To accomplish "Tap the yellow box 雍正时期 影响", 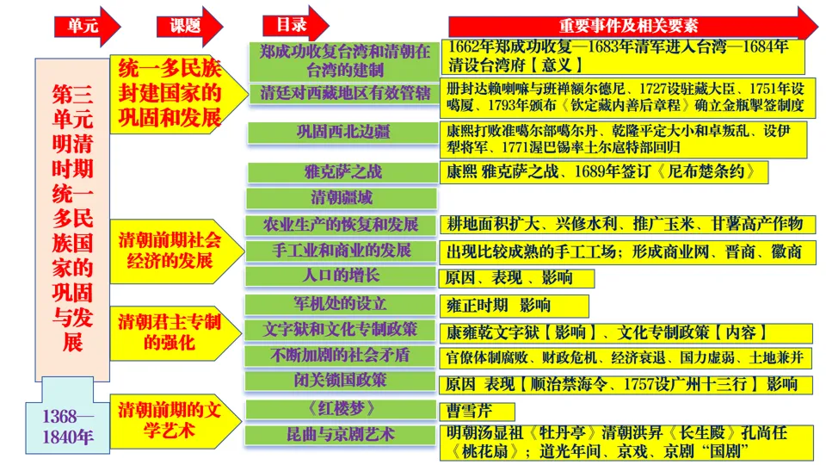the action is (x=515, y=306).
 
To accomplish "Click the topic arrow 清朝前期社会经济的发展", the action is (x=172, y=250).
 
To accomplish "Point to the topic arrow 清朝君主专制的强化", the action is (x=172, y=332).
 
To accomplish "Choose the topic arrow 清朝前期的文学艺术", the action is (x=172, y=419).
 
